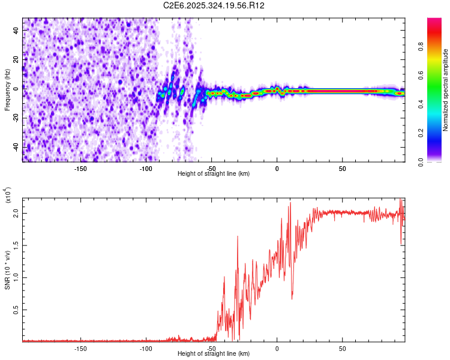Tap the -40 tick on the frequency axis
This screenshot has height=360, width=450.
coord(16,147)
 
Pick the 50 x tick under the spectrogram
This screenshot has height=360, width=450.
coord(342,168)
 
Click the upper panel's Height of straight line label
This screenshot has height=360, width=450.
coord(214,174)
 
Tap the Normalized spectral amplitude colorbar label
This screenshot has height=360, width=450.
coord(446,90)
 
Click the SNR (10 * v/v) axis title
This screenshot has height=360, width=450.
coord(8,266)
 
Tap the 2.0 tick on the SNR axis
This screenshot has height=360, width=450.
coord(16,213)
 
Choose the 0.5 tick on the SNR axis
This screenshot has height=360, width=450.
coord(16,310)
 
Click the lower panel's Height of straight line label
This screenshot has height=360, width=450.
coord(214,354)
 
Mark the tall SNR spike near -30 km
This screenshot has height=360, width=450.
coord(238,237)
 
